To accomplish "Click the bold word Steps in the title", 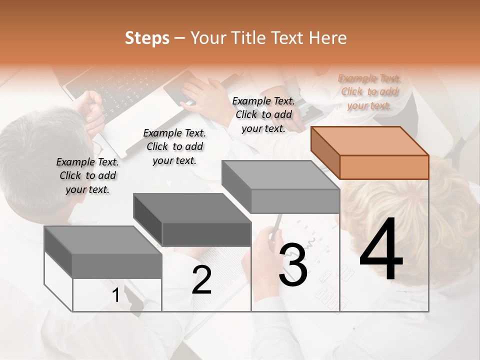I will [147, 38].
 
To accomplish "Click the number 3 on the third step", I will [293, 264].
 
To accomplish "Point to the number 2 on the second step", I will [201, 280].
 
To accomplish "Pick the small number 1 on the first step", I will [116, 295].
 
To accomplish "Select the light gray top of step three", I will [280, 175].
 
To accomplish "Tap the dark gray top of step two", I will [192, 208].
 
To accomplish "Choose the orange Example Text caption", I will [369, 92].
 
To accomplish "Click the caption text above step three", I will [263, 114].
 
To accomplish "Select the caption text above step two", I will [174, 146].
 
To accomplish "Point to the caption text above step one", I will [87, 175].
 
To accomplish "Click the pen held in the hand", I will [276, 225].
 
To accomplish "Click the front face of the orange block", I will [384, 167].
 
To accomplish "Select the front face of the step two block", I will [206, 234].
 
